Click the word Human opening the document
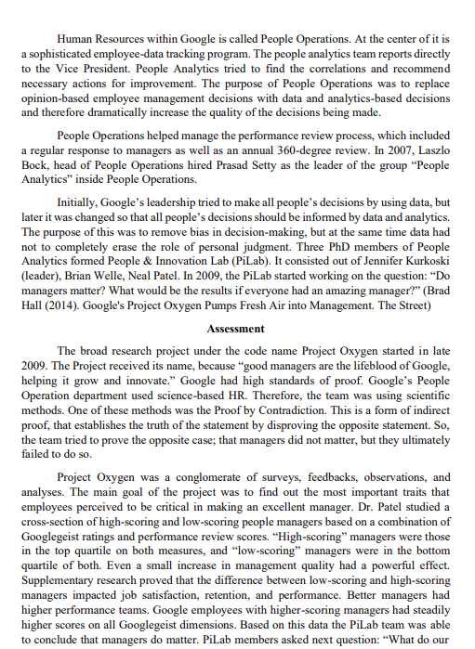click(x=74, y=40)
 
